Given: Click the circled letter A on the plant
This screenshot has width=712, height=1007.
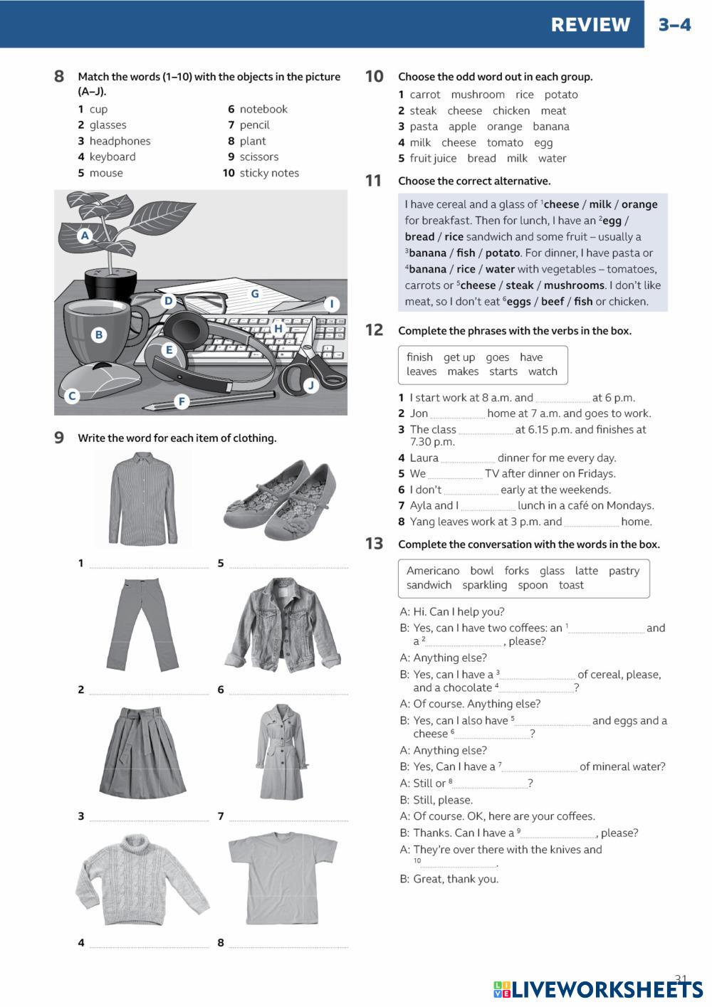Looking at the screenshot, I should coord(85,235).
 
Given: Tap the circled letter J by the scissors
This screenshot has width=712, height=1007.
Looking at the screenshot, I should coord(310,386).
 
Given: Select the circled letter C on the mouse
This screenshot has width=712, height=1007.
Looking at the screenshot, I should coord(71,396).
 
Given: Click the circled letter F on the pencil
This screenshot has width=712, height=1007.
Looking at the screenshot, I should coord(182,401).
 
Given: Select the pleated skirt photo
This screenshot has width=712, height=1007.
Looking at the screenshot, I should coord(143,752).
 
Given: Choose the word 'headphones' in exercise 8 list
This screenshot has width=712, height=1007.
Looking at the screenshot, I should coord(120,141).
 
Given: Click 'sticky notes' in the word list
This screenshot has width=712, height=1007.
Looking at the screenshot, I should coord(269,173).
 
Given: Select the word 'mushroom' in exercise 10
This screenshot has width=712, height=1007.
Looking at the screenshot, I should coord(478,95).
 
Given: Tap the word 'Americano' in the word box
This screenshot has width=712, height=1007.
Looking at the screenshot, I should coord(433,571).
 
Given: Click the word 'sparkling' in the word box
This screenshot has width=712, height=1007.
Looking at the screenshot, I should coord(484,585).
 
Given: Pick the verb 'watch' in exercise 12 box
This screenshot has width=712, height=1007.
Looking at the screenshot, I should coord(543,371).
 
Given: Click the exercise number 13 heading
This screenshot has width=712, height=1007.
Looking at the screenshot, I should coord(375,544).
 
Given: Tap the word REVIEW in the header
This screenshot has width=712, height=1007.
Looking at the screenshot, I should coord(590,25).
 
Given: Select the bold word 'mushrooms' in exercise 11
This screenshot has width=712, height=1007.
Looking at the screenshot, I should coord(574,285).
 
